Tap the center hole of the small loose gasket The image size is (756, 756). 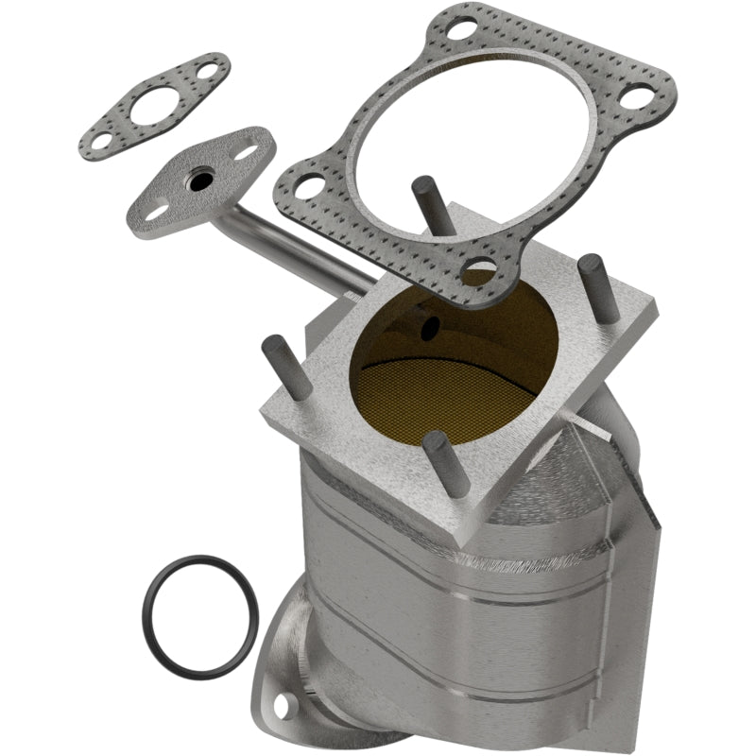coord(151,107)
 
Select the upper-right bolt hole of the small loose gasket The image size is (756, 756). coord(203,70)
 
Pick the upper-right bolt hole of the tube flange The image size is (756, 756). coord(249,150)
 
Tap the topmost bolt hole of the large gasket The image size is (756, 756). coord(461,29)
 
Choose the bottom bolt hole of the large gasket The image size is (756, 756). coord(481,269)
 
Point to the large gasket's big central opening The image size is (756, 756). coord(472,142)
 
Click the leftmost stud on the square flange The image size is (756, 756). coord(283,364)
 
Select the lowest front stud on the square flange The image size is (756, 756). coord(448,463)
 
